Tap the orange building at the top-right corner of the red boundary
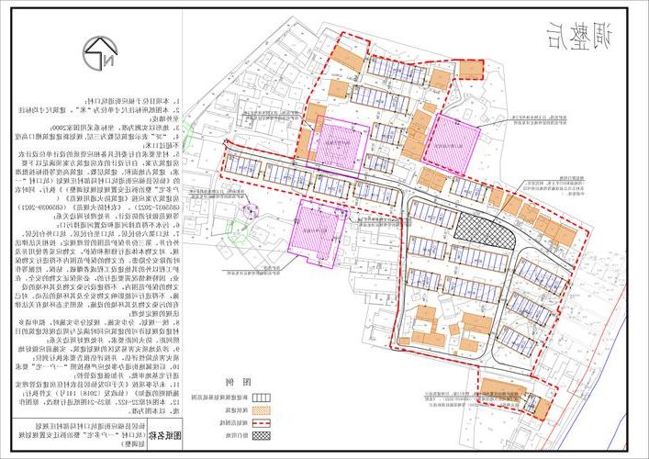(x=470, y=68)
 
